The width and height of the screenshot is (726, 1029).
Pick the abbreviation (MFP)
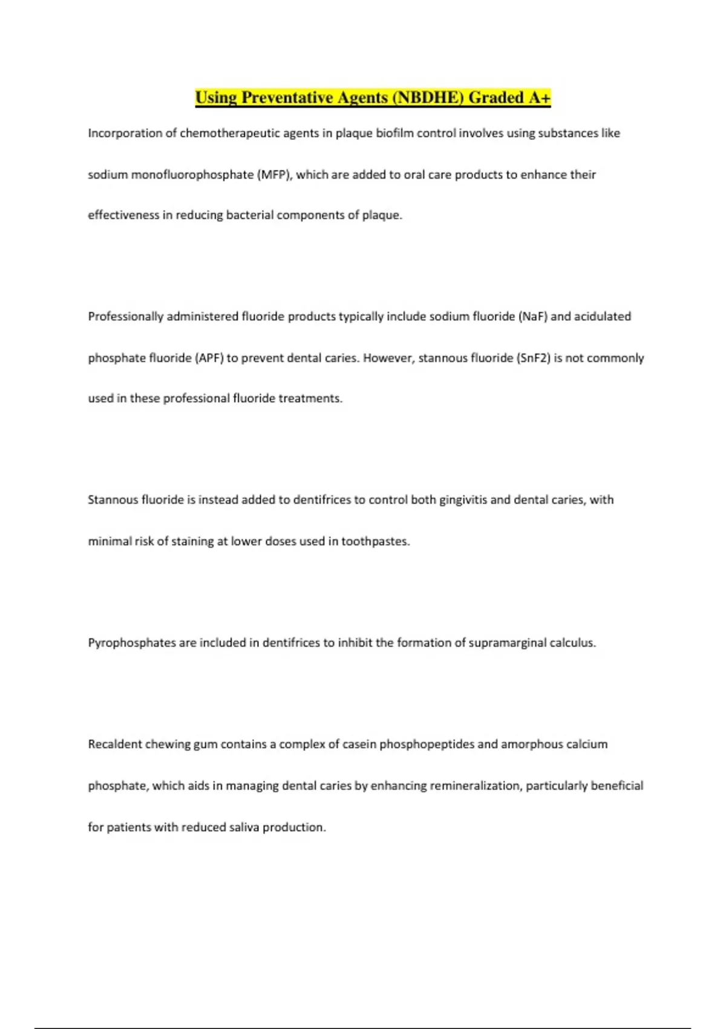(275, 175)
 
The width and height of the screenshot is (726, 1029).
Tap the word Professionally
(126, 317)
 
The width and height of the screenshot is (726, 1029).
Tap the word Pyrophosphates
(132, 643)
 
